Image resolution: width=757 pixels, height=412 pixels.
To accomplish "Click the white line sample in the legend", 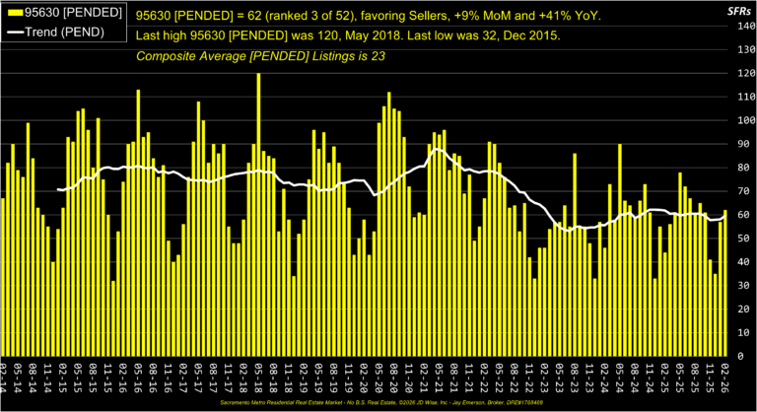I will (x=14, y=35).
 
